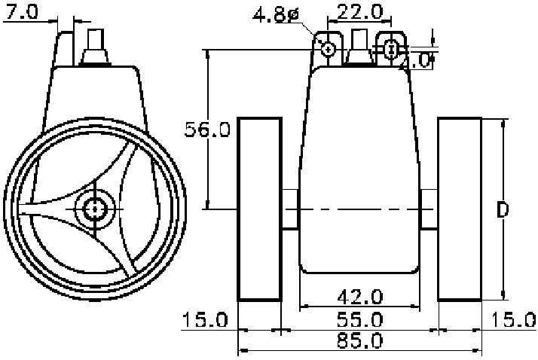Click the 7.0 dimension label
coord(21,12)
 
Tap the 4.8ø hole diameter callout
coord(276,15)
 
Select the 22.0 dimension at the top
coord(360,12)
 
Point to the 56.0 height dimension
coord(207,130)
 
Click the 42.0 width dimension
coord(360,297)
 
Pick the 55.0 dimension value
coord(360,320)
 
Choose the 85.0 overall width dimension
coord(360,341)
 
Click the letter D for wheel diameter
coord(503,210)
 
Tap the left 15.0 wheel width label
coord(205,320)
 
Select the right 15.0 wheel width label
coord(514,320)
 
